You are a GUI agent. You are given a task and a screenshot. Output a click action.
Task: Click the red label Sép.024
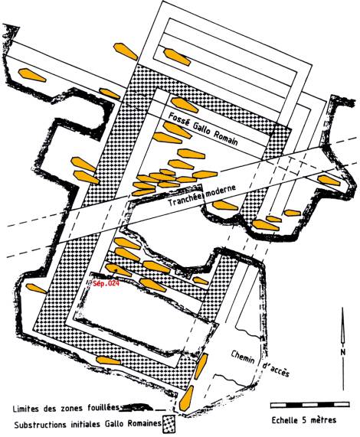click(106, 283)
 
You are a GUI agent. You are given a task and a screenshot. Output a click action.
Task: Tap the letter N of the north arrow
click(342, 352)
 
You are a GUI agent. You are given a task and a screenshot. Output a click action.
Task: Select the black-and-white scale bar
click(309, 405)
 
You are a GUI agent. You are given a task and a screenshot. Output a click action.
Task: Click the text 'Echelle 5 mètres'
click(304, 419)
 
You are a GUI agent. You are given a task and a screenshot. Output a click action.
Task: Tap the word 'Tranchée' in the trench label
click(186, 197)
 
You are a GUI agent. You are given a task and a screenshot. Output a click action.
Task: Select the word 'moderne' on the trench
click(221, 190)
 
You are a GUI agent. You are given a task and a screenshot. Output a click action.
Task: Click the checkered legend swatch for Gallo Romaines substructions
click(169, 424)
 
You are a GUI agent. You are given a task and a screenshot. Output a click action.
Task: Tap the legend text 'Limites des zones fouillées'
click(67, 409)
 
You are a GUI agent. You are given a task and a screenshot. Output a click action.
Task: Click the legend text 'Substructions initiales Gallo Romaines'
click(88, 425)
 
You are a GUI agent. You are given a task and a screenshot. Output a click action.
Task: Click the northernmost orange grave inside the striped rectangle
click(177, 57)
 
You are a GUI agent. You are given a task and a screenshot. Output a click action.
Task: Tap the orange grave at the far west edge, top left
click(32, 75)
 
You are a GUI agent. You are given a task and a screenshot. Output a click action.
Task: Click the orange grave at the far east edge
click(329, 181)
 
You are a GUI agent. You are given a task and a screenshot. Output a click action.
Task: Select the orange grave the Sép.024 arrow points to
click(118, 269)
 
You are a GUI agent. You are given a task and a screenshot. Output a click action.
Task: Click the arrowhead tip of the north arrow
click(342, 307)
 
